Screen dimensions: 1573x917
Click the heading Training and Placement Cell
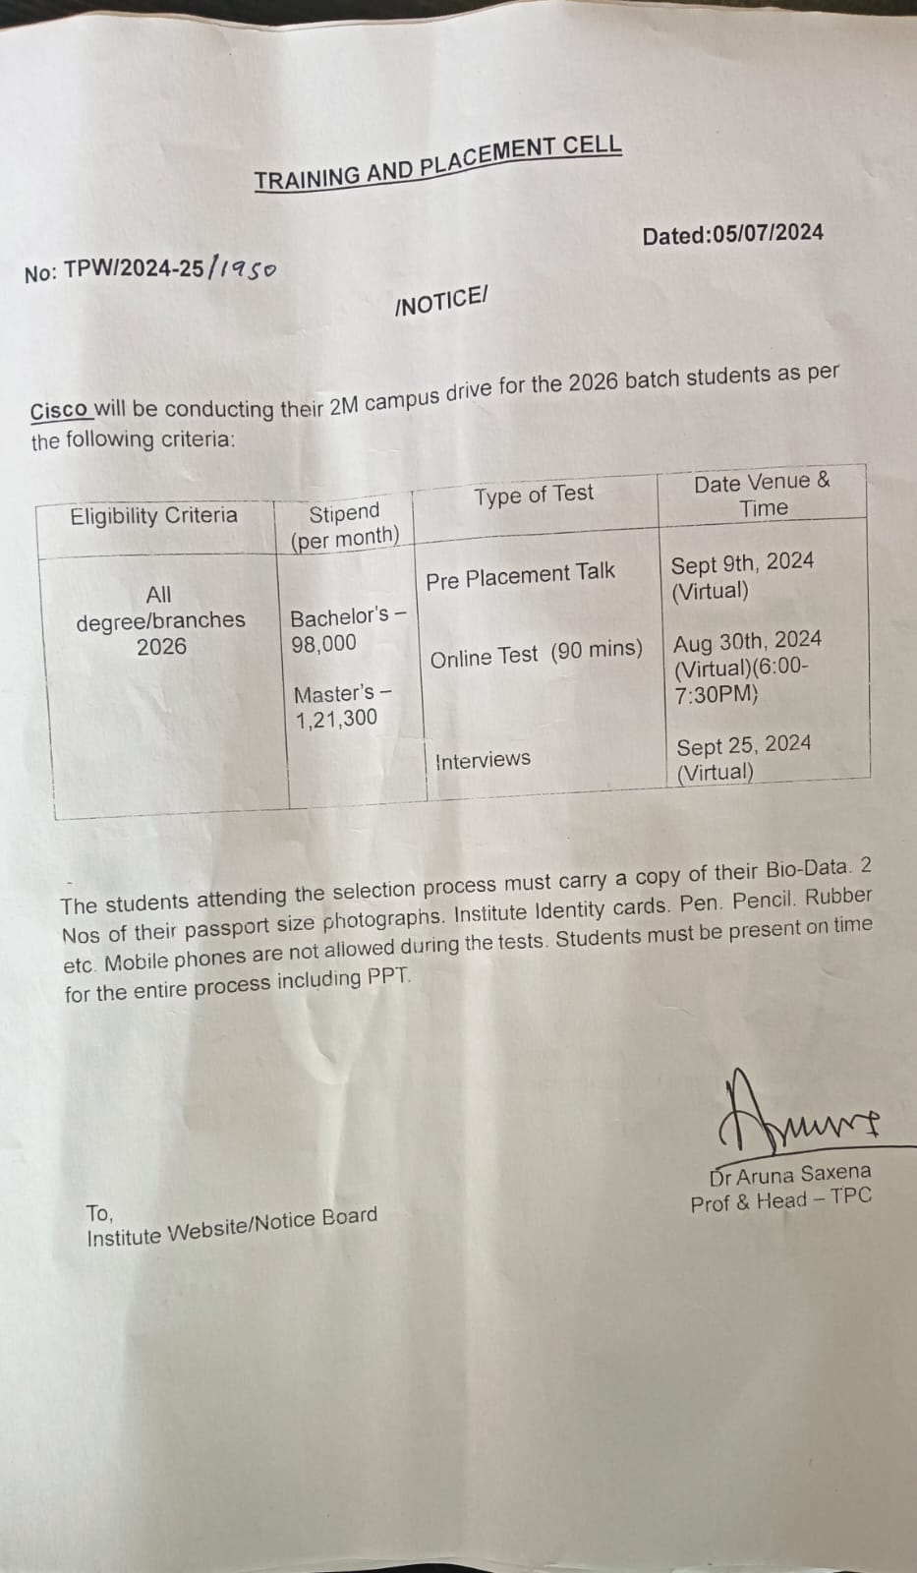pyautogui.click(x=437, y=163)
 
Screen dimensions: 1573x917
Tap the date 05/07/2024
pyautogui.click(x=768, y=233)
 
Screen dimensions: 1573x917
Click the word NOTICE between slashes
pyautogui.click(x=440, y=302)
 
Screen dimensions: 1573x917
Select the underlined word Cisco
pyautogui.click(x=60, y=410)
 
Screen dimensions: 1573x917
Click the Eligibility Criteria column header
pyautogui.click(x=153, y=516)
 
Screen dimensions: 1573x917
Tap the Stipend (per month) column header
pyautogui.click(x=344, y=525)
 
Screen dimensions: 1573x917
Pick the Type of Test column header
pyautogui.click(x=534, y=495)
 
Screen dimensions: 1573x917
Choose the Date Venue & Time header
pyautogui.click(x=762, y=495)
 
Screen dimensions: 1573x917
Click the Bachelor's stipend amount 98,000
pyautogui.click(x=323, y=645)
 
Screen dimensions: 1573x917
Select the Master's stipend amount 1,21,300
pyautogui.click(x=336, y=719)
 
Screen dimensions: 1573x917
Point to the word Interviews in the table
pyautogui.click(x=483, y=760)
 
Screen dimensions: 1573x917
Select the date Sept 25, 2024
pyautogui.click(x=744, y=744)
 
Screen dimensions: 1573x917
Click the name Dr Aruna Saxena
pyautogui.click(x=789, y=1175)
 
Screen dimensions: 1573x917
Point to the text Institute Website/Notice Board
pyautogui.click(x=232, y=1227)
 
